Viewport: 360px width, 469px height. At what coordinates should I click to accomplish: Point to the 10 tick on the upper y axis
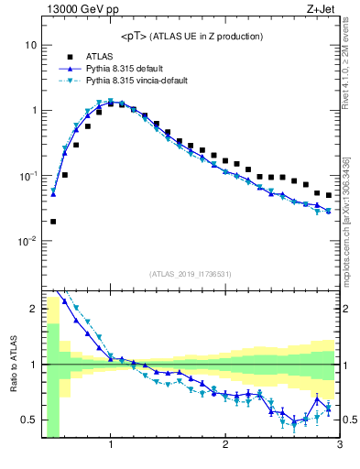click(x=30, y=45)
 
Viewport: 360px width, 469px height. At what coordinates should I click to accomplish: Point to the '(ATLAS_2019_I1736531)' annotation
click(x=191, y=274)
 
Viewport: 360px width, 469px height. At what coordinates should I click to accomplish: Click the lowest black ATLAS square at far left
click(x=53, y=221)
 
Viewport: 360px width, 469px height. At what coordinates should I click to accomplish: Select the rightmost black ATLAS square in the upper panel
click(x=329, y=195)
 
